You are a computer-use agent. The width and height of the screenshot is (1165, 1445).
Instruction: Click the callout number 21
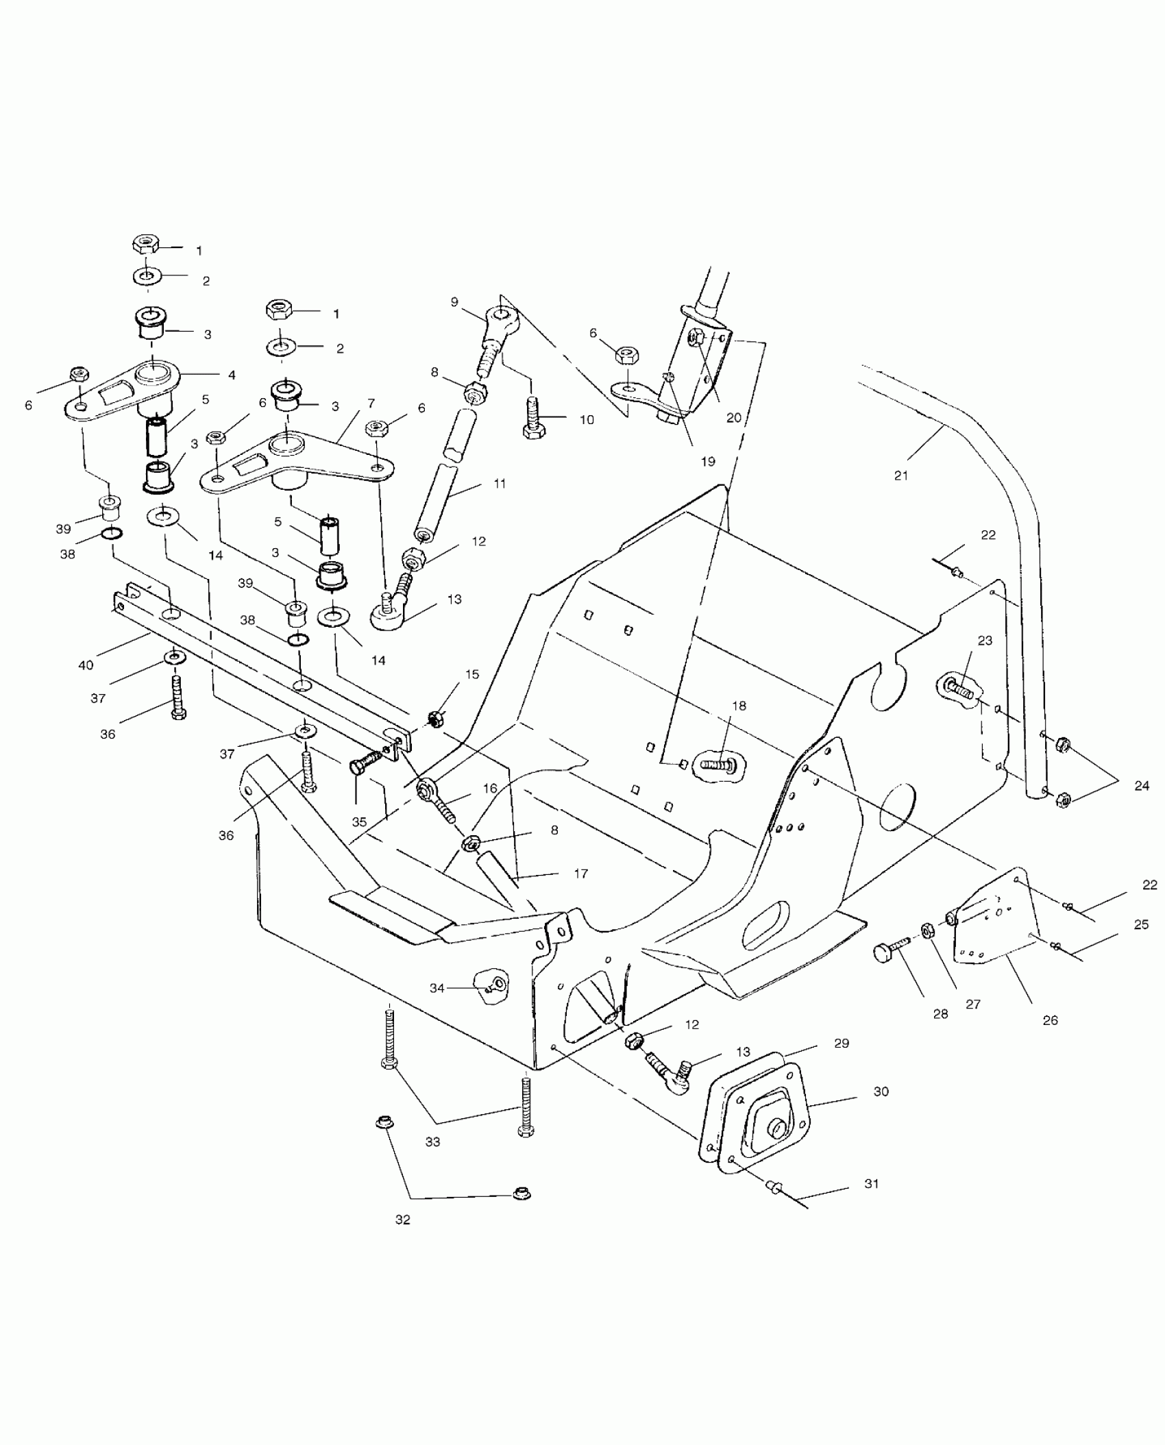[901, 475]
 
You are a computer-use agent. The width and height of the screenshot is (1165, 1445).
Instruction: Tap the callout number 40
[86, 665]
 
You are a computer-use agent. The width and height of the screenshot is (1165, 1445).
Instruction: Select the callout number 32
[403, 1220]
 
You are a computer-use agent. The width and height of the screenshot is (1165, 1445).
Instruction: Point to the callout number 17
[580, 874]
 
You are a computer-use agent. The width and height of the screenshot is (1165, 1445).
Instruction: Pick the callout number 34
[437, 987]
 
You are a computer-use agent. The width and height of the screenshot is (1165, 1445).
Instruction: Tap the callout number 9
[454, 301]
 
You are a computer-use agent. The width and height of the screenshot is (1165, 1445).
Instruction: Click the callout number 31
[871, 1183]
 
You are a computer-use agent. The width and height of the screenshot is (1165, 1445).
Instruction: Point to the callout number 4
[232, 375]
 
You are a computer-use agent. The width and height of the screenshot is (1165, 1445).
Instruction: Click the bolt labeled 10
[533, 417]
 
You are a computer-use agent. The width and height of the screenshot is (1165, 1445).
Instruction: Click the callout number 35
[360, 822]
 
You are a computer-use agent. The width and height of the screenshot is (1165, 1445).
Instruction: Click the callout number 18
[738, 706]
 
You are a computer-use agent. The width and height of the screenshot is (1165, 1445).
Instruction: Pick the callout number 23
[985, 641]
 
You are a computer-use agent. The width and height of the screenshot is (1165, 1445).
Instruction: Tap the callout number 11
[500, 483]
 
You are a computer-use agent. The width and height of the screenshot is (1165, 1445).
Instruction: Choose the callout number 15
[472, 674]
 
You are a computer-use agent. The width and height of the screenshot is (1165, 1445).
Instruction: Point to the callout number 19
[708, 461]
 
